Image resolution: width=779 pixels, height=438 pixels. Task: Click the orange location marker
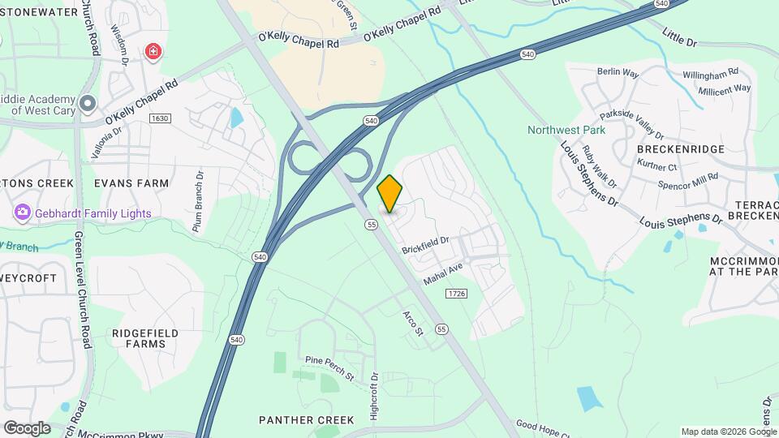[390, 193]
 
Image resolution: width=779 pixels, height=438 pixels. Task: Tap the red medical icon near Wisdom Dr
[153, 52]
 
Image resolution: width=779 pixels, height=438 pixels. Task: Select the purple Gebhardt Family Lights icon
[22, 213]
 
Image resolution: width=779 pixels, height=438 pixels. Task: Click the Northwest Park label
[567, 129]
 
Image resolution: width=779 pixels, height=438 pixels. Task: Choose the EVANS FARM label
[131, 183]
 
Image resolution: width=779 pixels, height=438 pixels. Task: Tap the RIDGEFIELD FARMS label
[140, 338]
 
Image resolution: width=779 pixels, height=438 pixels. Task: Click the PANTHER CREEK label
[306, 419]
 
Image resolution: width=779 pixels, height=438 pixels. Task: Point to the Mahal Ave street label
[442, 273]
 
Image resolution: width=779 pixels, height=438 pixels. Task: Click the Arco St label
[414, 323]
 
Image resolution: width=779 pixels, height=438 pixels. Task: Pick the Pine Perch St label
[330, 367]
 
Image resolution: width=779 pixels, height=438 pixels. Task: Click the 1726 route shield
[456, 293]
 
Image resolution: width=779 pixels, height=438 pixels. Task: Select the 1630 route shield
[160, 118]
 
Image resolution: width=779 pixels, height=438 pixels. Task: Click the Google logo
[27, 427]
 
